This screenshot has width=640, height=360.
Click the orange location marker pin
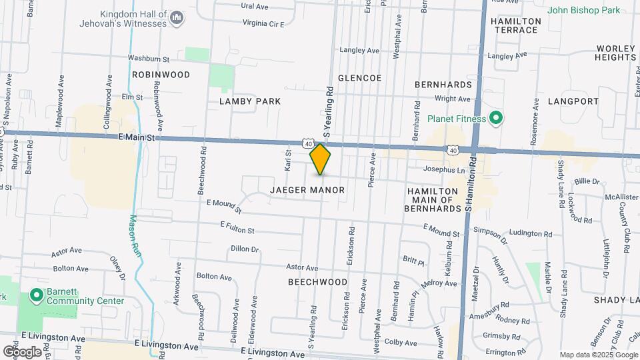pos(321,159)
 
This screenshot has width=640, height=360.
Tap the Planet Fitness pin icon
pos(495,119)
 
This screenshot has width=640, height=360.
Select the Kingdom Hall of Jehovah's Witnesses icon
pos(177,17)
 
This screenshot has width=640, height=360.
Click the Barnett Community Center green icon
pos(36,294)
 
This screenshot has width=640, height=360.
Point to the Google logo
pos(22,351)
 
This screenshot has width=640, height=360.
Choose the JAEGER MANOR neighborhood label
pos(307,190)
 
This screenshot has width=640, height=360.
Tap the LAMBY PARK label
pos(250,101)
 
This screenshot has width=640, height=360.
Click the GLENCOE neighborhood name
pos(359,78)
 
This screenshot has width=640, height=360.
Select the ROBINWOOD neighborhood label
pos(161,75)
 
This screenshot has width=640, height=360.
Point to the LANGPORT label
pos(573,101)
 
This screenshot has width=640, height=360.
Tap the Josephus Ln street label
pos(442,170)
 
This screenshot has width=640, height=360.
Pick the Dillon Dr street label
pos(244,249)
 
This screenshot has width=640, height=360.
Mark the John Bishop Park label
pos(583,10)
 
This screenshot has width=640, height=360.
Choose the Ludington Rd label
pos(531,234)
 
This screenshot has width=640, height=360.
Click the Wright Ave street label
pos(452,99)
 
